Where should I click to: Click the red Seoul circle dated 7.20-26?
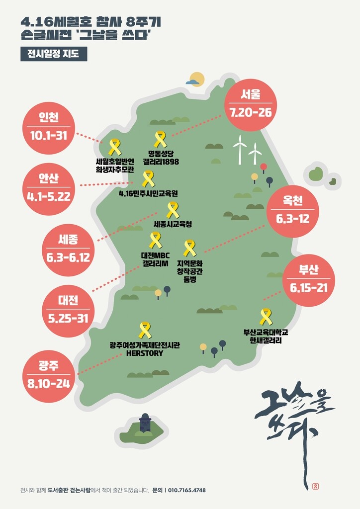click(x=250, y=104)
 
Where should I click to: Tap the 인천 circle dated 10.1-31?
click(x=49, y=126)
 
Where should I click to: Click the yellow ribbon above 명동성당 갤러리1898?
click(x=160, y=140)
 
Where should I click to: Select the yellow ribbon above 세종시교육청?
click(x=173, y=210)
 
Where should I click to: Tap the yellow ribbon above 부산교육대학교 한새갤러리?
click(x=266, y=317)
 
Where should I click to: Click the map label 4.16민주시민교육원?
click(x=148, y=193)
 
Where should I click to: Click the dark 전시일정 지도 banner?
click(x=54, y=54)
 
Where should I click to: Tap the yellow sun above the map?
click(x=197, y=79)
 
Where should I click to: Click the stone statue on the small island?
click(x=145, y=424)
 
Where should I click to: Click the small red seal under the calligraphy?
click(x=315, y=486)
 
